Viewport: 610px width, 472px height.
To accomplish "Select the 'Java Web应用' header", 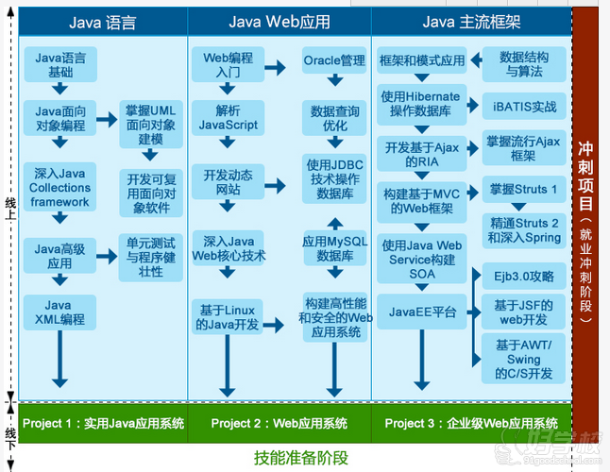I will (278, 22).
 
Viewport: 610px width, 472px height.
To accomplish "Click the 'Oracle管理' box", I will (333, 61).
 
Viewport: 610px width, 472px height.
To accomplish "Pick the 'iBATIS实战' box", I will (524, 107).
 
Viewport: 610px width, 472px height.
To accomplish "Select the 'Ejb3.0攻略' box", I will (523, 277).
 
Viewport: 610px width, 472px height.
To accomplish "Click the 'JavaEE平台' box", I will (422, 312).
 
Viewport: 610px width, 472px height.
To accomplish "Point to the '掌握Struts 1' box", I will (523, 189).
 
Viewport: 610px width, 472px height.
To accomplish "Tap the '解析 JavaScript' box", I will (228, 117).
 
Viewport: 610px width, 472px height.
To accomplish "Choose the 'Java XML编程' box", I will (59, 312).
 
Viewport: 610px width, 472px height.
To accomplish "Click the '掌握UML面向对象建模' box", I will (151, 124).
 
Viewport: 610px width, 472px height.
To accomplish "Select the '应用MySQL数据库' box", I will (333, 248).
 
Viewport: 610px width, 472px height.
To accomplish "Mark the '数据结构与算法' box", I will (524, 63).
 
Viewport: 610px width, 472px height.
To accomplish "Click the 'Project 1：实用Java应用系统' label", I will (103, 422).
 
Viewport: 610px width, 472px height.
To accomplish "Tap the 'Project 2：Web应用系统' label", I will (279, 422).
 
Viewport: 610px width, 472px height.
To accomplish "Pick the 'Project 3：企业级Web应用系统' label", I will (471, 422).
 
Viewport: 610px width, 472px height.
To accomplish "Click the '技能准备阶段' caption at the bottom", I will (301, 458).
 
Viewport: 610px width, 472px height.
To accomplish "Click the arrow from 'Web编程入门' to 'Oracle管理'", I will (276, 67).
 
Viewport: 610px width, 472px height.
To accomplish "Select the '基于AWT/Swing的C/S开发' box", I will (524, 359).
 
